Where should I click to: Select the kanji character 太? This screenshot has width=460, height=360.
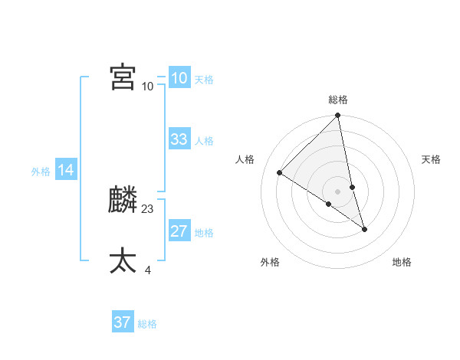pyautogui.click(x=123, y=260)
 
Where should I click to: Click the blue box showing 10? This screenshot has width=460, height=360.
pyautogui.click(x=179, y=77)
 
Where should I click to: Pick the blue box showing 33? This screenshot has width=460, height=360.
pyautogui.click(x=179, y=139)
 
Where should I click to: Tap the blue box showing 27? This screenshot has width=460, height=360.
pyautogui.click(x=179, y=231)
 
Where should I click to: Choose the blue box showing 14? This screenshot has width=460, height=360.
pyautogui.click(x=66, y=171)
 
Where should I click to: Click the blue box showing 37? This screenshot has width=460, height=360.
pyautogui.click(x=122, y=322)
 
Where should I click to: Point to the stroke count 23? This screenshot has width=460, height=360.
pyautogui.click(x=148, y=208)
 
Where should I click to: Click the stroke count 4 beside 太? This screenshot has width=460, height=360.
pyautogui.click(x=147, y=270)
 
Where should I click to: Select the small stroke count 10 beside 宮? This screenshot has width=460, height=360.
pyautogui.click(x=147, y=86)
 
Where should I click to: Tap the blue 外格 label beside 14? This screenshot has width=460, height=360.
pyautogui.click(x=41, y=172)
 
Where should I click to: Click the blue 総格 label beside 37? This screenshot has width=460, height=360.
pyautogui.click(x=147, y=324)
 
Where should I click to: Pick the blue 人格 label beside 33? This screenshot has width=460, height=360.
pyautogui.click(x=204, y=141)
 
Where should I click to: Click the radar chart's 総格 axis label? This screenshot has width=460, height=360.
pyautogui.click(x=338, y=100)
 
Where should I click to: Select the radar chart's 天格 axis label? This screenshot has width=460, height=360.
pyautogui.click(x=432, y=159)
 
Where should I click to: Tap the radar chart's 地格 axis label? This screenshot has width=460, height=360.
pyautogui.click(x=402, y=263)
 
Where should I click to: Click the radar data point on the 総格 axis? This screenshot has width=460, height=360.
pyautogui.click(x=338, y=116)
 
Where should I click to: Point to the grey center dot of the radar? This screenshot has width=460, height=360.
pyautogui.click(x=338, y=191)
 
